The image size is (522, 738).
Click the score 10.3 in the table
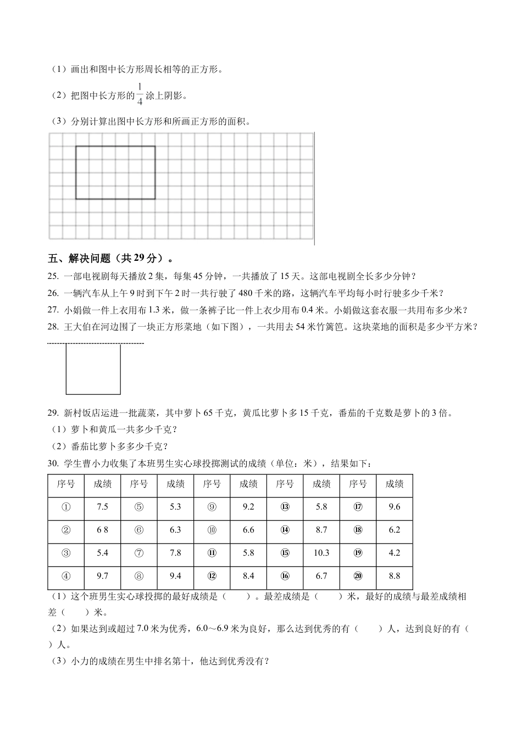point(321,553)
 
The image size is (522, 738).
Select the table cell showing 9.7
point(102,576)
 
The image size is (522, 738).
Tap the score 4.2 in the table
point(394,553)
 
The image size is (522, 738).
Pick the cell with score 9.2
point(248,507)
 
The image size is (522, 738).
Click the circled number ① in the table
point(66,507)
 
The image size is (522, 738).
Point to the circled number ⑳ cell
point(358,576)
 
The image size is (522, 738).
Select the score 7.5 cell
point(102,507)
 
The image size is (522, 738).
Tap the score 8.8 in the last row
point(394,576)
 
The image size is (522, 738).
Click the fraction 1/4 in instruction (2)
point(140,94)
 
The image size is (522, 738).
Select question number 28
point(53,327)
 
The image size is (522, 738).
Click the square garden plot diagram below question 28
point(93,369)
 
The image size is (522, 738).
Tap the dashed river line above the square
point(96,344)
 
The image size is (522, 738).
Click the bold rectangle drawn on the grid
point(115,172)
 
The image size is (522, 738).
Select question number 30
point(53,464)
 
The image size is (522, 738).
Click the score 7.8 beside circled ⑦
point(175,553)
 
